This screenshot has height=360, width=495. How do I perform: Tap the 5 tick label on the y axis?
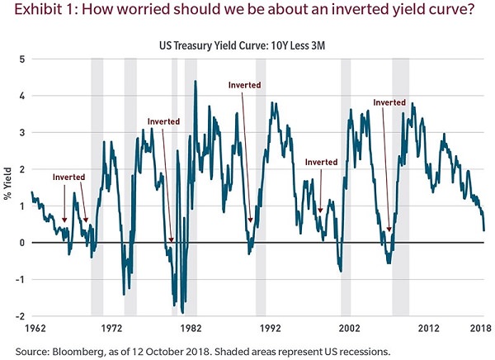click(x=22, y=59)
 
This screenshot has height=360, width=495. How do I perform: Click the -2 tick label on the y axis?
click(x=21, y=316)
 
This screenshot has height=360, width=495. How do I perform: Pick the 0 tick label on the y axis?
click(x=22, y=243)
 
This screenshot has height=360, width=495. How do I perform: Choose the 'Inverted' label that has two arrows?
click(x=68, y=177)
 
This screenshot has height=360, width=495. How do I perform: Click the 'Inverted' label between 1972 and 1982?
click(x=163, y=121)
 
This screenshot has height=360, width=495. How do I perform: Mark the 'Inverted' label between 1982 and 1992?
click(x=244, y=84)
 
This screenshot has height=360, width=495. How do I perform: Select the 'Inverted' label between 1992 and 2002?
click(x=321, y=162)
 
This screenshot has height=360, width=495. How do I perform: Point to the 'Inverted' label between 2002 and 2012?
click(x=389, y=102)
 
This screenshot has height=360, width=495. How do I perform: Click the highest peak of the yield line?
click(x=196, y=81)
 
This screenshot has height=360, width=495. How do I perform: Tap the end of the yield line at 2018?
click(x=483, y=230)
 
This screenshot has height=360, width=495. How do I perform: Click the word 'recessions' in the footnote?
click(x=361, y=350)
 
